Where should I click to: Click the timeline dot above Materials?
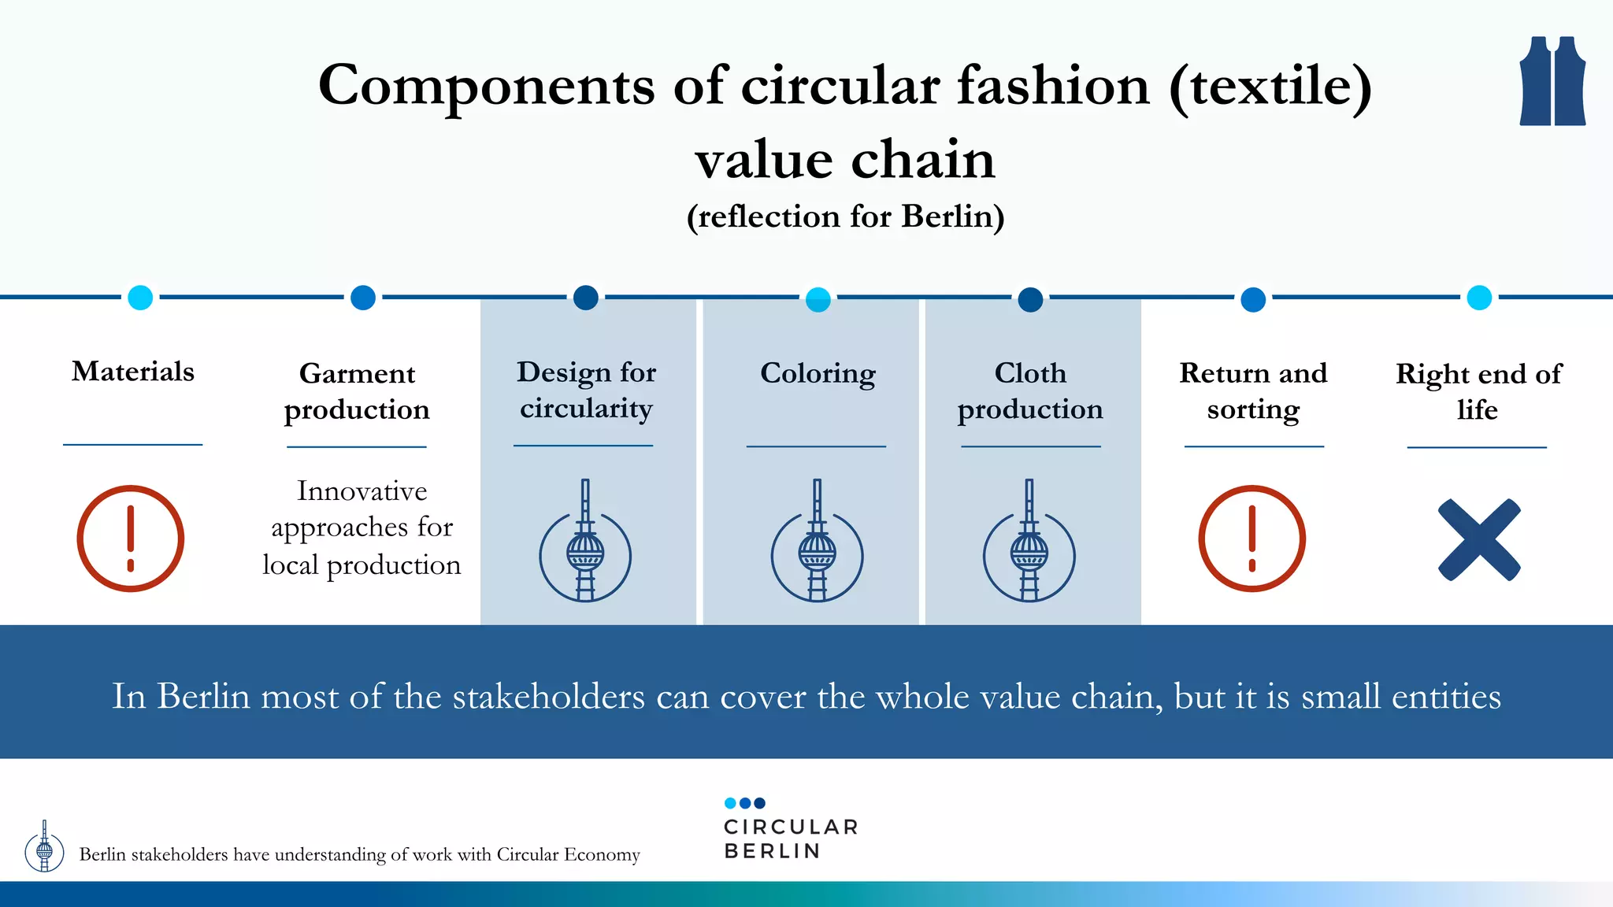click(x=140, y=298)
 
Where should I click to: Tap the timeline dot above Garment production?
click(x=362, y=298)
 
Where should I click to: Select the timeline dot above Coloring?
click(x=818, y=299)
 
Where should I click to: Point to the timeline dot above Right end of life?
click(x=1479, y=298)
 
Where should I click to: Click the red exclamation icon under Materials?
click(x=131, y=539)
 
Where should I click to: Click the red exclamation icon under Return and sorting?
click(x=1252, y=539)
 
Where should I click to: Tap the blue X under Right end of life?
click(x=1479, y=540)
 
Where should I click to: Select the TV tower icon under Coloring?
click(x=818, y=543)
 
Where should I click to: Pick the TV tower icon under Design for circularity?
click(x=585, y=543)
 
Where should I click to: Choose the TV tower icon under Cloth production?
click(x=1029, y=543)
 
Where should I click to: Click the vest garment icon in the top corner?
click(x=1552, y=81)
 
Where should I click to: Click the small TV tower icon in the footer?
click(x=45, y=847)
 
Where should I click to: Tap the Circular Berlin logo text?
click(x=790, y=839)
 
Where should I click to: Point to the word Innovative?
click(x=362, y=491)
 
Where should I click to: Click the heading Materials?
click(x=133, y=371)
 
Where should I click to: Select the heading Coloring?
click(x=818, y=373)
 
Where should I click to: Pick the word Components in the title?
click(x=486, y=86)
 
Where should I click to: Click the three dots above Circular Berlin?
click(x=744, y=803)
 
